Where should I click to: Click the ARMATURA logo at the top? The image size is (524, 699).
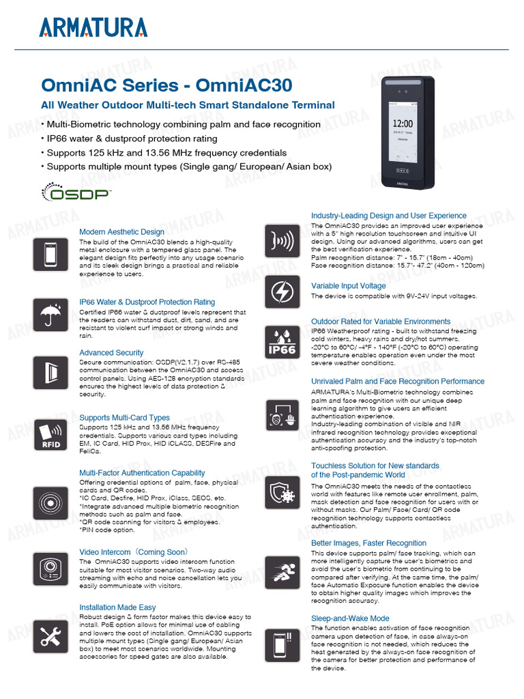coord(93,27)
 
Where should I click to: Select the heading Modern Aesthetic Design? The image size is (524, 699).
coord(121,232)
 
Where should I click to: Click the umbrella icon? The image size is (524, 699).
coord(50,315)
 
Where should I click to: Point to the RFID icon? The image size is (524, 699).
coord(50,435)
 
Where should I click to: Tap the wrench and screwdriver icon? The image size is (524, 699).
coord(50,636)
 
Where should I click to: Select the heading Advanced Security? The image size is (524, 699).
coord(111,353)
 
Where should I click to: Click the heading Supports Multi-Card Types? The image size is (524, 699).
coord(124,418)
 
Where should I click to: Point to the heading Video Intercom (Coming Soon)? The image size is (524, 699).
coord(134,552)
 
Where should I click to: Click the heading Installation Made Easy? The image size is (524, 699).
coord(117,607)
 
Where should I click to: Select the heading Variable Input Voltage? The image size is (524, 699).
coord(348,286)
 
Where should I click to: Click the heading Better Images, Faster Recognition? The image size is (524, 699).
coord(368,543)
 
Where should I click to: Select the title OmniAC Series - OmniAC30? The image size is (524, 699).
coord(166,85)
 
